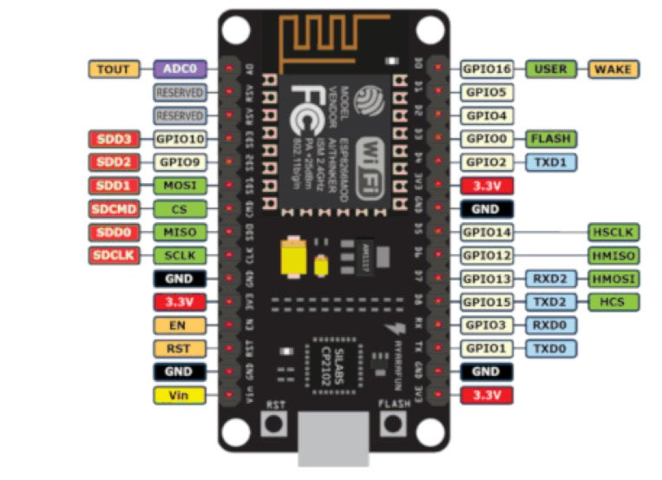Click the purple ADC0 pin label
click(180, 68)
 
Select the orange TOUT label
click(114, 68)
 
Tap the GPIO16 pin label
click(487, 68)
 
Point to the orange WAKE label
click(613, 68)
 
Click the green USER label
click(552, 68)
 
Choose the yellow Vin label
click(180, 395)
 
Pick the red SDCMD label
click(114, 208)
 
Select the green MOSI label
click(180, 185)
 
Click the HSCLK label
click(613, 232)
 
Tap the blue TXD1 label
click(550, 161)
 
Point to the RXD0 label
click(550, 325)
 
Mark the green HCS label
click(613, 301)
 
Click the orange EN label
click(180, 325)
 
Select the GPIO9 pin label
click(180, 161)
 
